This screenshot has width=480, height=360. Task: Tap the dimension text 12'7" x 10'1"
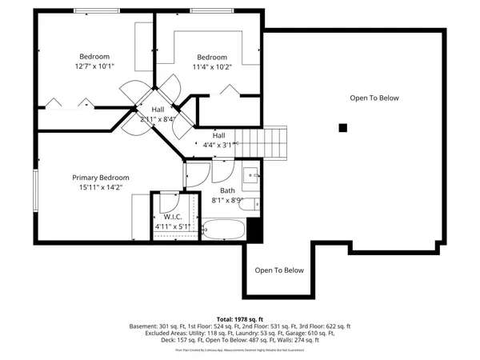click(x=94, y=67)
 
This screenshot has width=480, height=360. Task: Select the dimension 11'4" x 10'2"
click(x=212, y=68)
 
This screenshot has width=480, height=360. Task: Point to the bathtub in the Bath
click(x=224, y=230)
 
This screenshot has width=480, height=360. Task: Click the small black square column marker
click(x=342, y=127)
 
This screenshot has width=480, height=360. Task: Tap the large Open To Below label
click(x=374, y=98)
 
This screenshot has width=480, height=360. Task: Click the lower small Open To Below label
click(x=279, y=270)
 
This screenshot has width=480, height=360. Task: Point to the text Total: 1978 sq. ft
click(x=239, y=318)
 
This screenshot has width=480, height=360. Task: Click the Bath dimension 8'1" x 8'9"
click(x=227, y=202)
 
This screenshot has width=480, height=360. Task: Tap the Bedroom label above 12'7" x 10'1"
click(x=94, y=56)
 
